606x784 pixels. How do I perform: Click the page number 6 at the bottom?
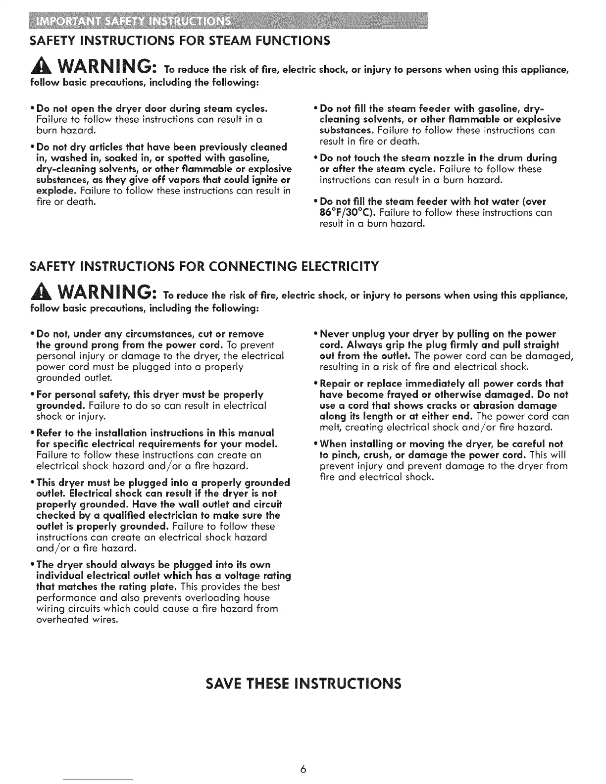click(x=303, y=769)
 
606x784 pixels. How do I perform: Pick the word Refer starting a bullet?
click(x=50, y=433)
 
